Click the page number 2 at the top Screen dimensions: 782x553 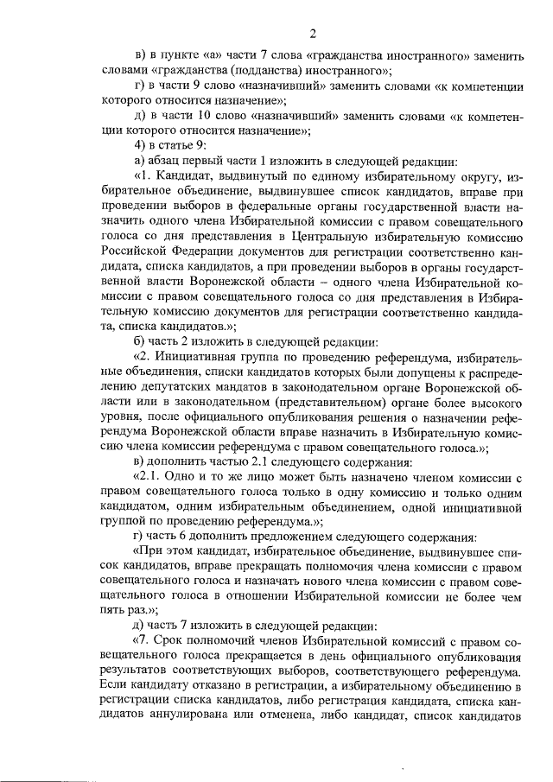click(x=313, y=34)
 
